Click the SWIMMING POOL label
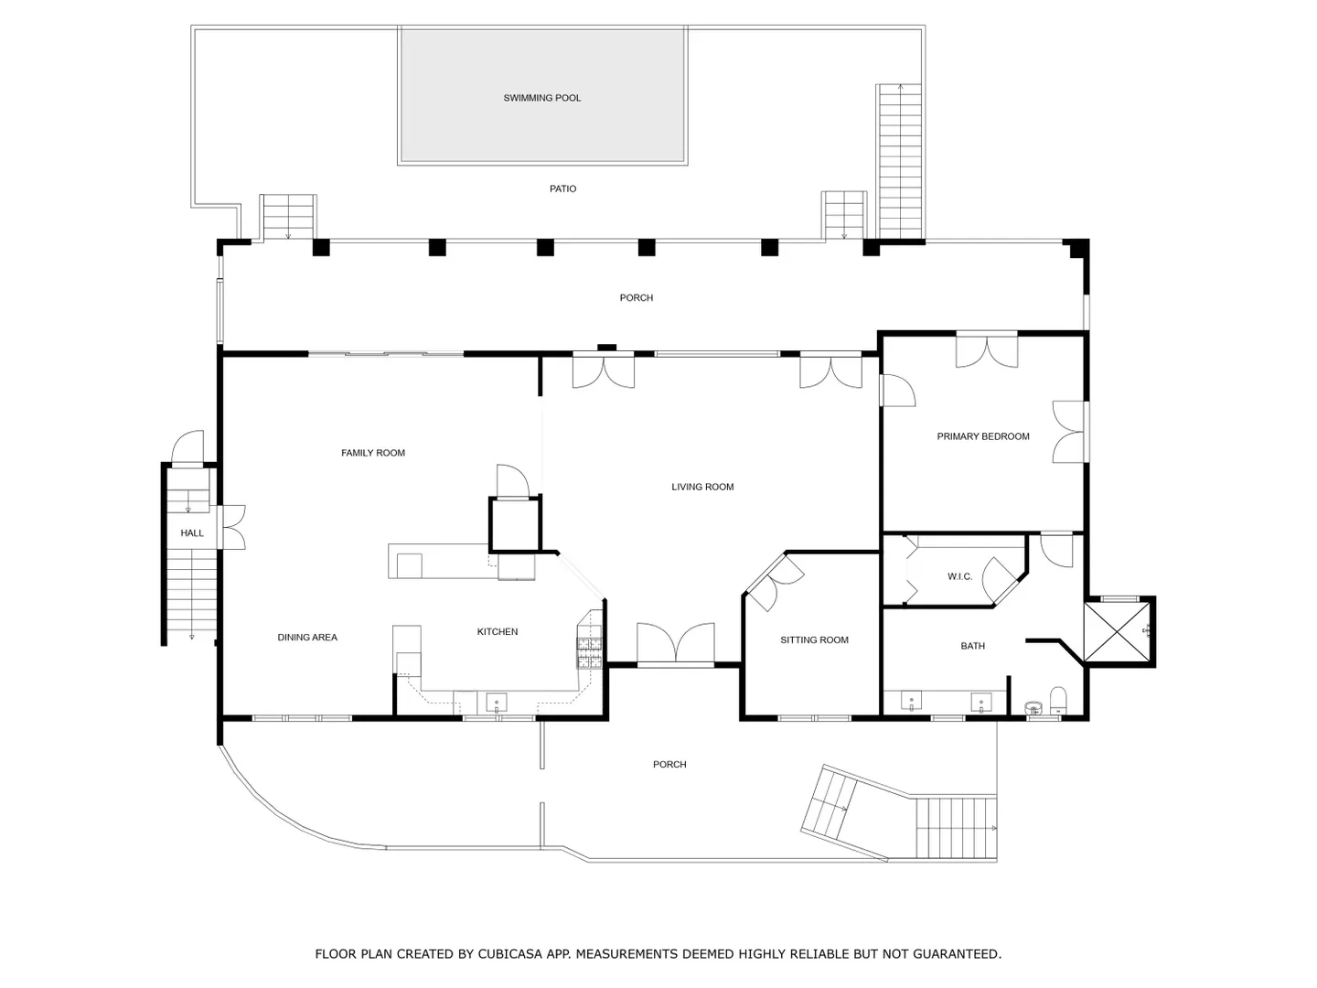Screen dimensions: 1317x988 (x=541, y=98)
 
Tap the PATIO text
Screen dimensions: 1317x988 (x=562, y=189)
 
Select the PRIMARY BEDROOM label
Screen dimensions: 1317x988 (x=983, y=436)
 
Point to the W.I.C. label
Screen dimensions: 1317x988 (x=959, y=576)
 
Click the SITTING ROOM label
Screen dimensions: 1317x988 (x=814, y=640)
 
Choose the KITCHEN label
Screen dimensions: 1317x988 (x=497, y=631)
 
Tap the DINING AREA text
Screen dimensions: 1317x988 (x=307, y=638)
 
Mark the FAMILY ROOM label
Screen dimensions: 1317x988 (x=372, y=453)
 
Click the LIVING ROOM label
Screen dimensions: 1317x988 (x=702, y=487)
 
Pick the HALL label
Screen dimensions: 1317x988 (x=192, y=533)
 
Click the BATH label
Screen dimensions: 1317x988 (x=972, y=646)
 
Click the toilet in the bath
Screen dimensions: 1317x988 (x=1058, y=701)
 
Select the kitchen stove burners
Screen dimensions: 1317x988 (x=589, y=653)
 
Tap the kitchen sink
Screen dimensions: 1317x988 (x=497, y=702)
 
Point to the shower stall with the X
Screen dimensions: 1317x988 (x=1117, y=631)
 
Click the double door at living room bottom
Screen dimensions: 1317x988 (x=676, y=643)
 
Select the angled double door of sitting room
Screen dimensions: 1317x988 (x=772, y=582)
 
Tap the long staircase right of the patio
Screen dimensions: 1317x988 (x=899, y=162)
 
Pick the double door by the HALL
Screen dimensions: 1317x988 (x=234, y=527)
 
